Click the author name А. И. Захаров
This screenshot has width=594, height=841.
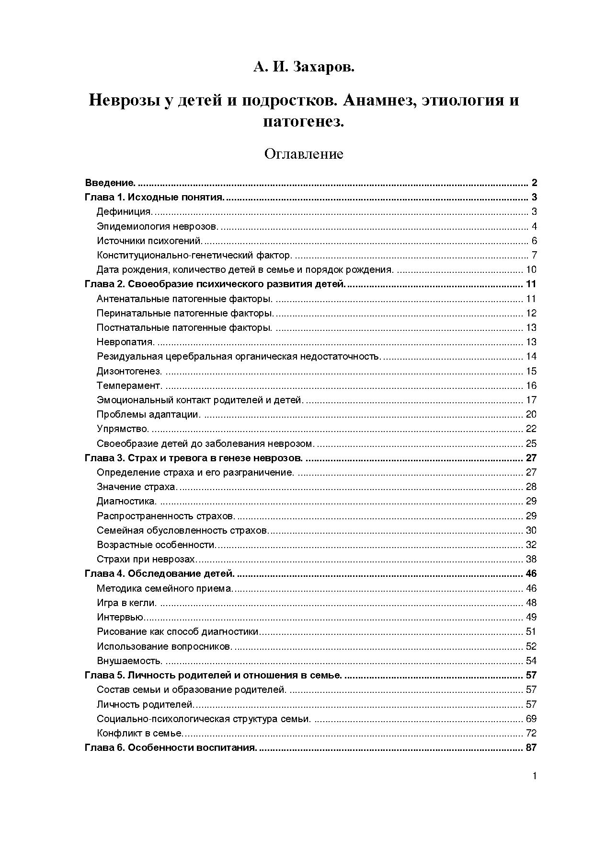click(304, 67)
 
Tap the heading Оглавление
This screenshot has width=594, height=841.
click(304, 154)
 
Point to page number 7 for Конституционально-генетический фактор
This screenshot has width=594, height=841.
click(534, 255)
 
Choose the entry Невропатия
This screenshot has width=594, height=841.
click(126, 342)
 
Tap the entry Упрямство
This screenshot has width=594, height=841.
click(123, 429)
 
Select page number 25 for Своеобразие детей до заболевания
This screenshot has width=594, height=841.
click(531, 444)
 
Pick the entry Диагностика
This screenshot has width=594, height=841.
click(126, 502)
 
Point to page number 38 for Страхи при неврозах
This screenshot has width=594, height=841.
click(531, 559)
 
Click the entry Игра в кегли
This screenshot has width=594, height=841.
click(126, 603)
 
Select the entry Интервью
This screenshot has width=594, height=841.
click(120, 617)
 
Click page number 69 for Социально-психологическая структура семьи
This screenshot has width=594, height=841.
click(531, 719)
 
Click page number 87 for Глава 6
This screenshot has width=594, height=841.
click(531, 748)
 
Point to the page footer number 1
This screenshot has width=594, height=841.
click(534, 776)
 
